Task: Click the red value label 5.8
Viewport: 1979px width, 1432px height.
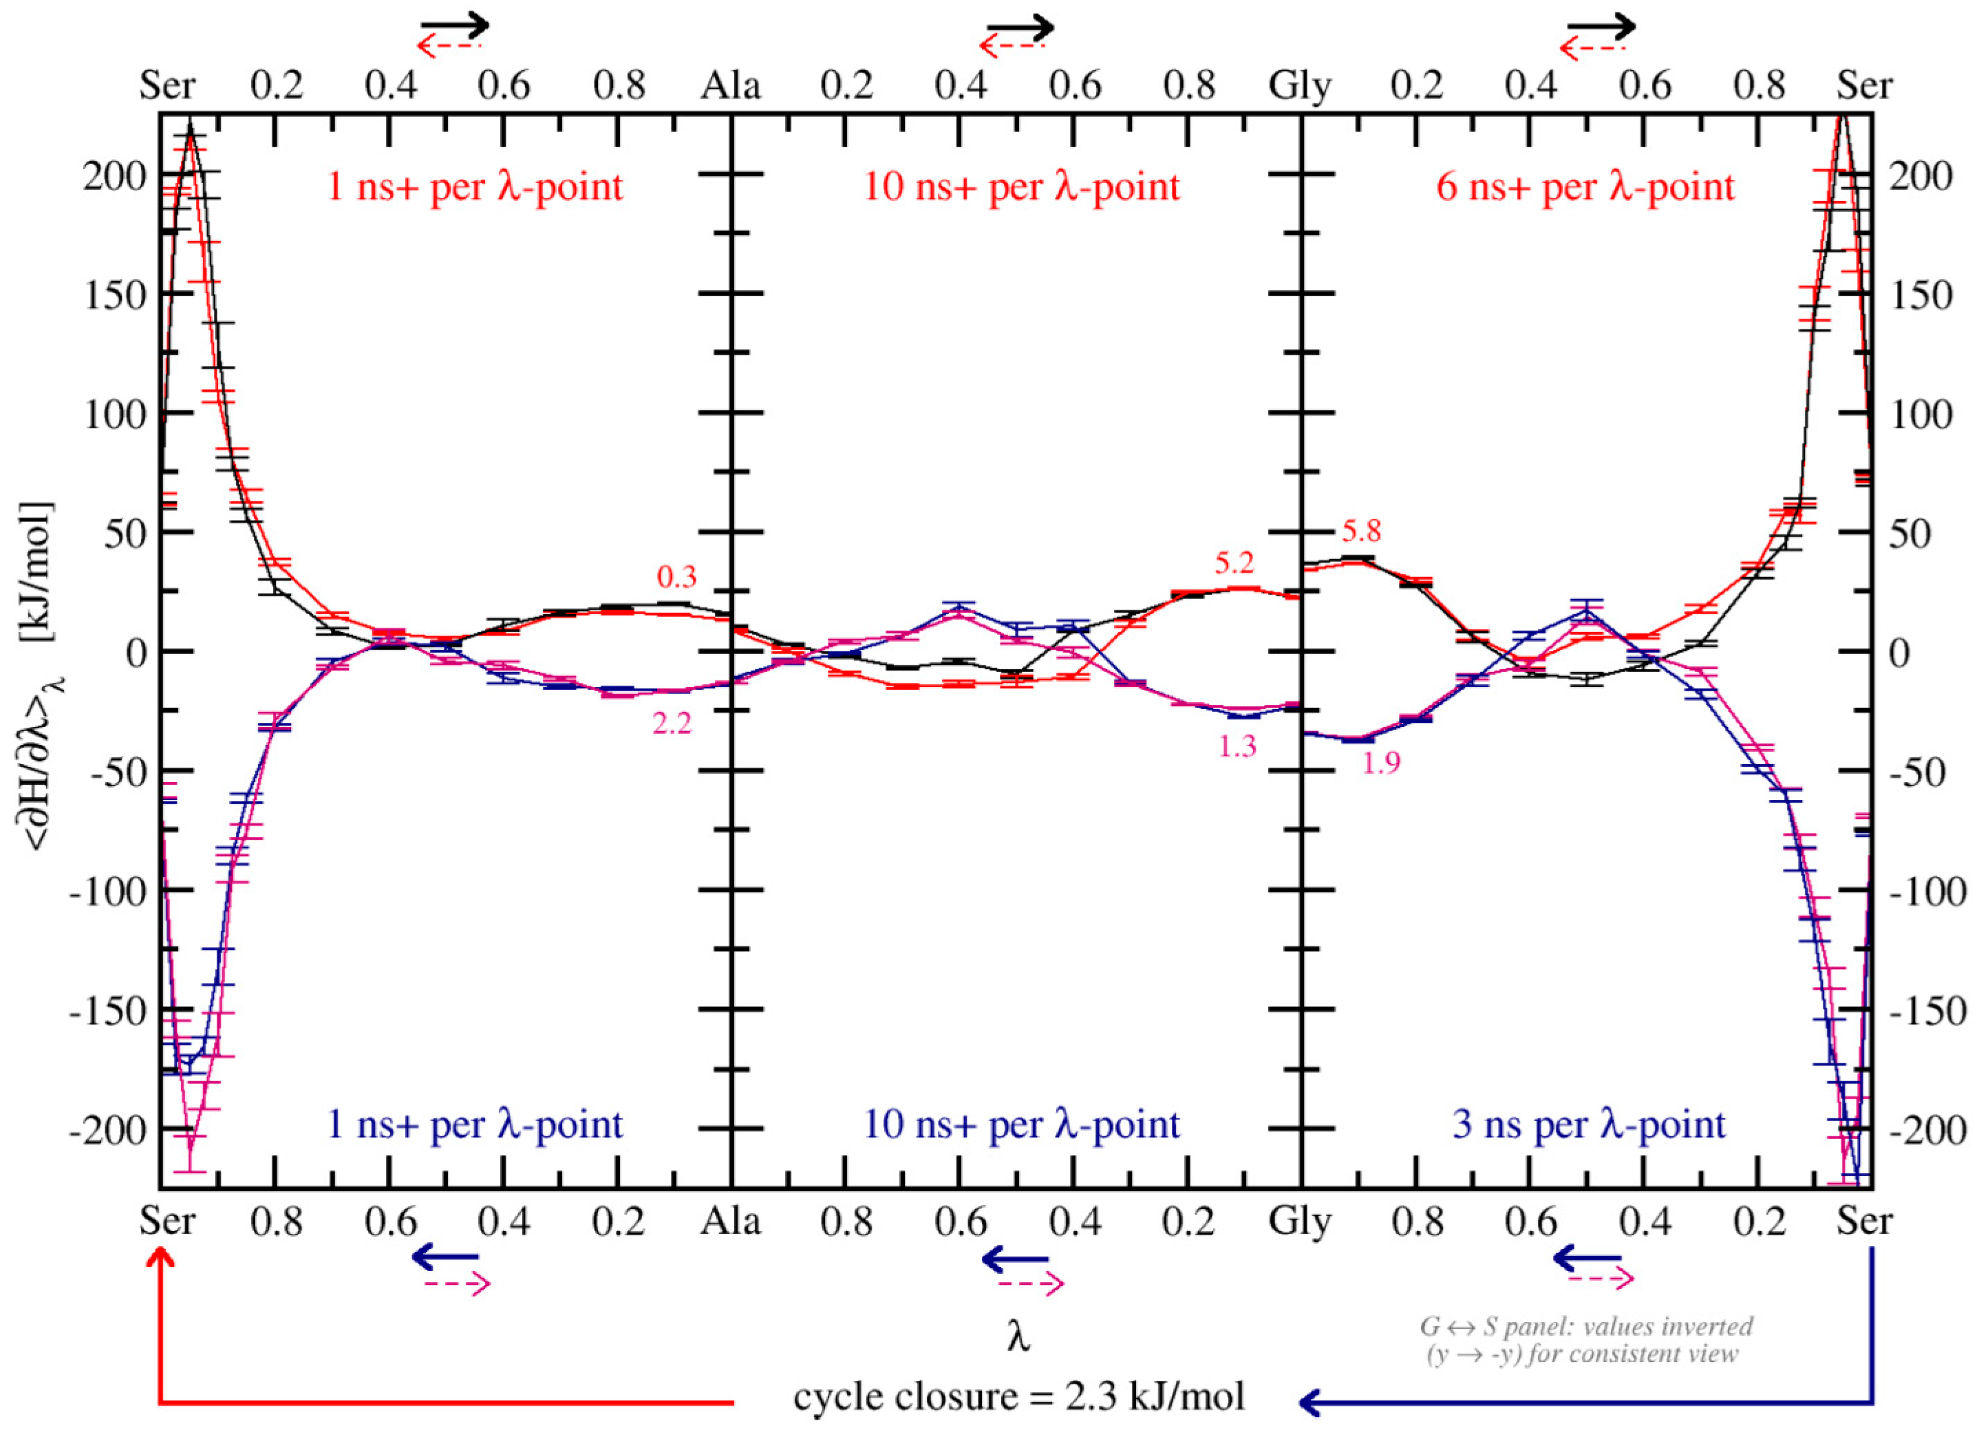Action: pyautogui.click(x=1361, y=531)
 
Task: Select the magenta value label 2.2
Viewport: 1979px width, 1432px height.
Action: pyautogui.click(x=672, y=723)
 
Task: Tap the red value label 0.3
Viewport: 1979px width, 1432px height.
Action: pyautogui.click(x=676, y=576)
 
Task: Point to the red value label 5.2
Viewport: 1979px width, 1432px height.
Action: pyautogui.click(x=1234, y=563)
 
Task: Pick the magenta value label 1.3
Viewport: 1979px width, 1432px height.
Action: pyautogui.click(x=1237, y=746)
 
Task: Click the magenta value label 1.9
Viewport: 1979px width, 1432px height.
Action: pyautogui.click(x=1380, y=763)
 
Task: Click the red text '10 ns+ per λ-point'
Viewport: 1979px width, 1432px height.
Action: pyautogui.click(x=1021, y=186)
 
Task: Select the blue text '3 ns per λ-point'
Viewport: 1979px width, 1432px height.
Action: pyautogui.click(x=1588, y=1124)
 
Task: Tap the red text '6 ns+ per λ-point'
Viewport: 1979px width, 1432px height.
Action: pyautogui.click(x=1585, y=186)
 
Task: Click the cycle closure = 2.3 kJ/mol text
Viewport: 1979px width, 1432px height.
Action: pyautogui.click(x=1018, y=1396)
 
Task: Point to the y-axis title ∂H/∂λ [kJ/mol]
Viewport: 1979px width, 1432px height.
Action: pyautogui.click(x=39, y=676)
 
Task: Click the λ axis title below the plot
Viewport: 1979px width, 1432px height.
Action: pyautogui.click(x=1018, y=1335)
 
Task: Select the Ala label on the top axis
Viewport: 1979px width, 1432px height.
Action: pyautogui.click(x=731, y=85)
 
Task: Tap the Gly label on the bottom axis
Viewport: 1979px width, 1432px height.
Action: pyautogui.click(x=1299, y=1221)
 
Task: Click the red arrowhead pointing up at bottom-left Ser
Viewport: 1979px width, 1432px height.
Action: pyautogui.click(x=160, y=1259)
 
